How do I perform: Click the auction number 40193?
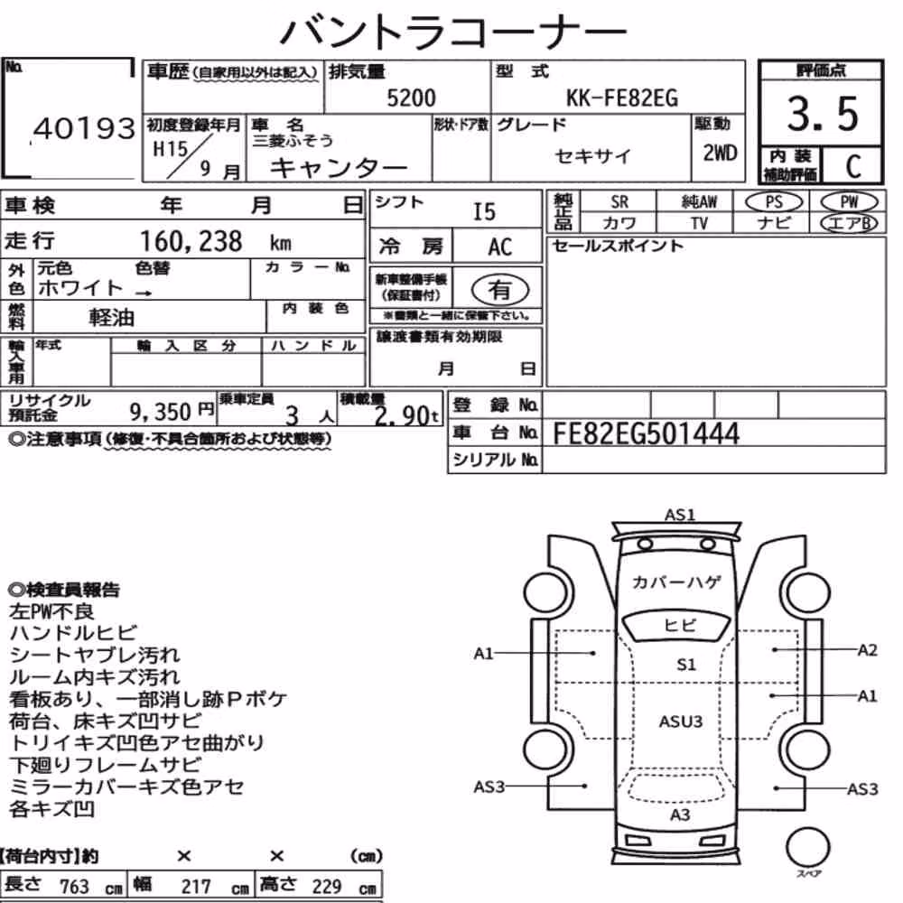pyautogui.click(x=85, y=128)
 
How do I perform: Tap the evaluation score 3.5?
pyautogui.click(x=823, y=114)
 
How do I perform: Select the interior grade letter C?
pyautogui.click(x=853, y=166)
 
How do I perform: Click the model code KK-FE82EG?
pyautogui.click(x=622, y=98)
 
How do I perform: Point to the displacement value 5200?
pyautogui.click(x=411, y=98)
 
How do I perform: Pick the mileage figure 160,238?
pyautogui.click(x=191, y=241)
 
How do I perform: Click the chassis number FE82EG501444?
pyautogui.click(x=646, y=433)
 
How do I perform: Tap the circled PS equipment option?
pyautogui.click(x=774, y=202)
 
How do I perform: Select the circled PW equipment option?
pyautogui.click(x=850, y=202)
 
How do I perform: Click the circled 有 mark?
pyautogui.click(x=500, y=290)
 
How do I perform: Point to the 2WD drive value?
pyautogui.click(x=720, y=154)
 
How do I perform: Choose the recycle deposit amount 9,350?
pyautogui.click(x=160, y=412)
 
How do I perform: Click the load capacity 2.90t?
pyautogui.click(x=406, y=415)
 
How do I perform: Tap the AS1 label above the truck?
pyautogui.click(x=680, y=515)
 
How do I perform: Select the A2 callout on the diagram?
pyautogui.click(x=867, y=650)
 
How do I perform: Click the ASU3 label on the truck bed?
pyautogui.click(x=681, y=721)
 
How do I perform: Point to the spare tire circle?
pyautogui.click(x=807, y=847)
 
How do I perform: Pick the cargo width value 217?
pyautogui.click(x=196, y=887)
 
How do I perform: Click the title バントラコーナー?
pyautogui.click(x=453, y=32)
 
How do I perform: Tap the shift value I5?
pyautogui.click(x=484, y=212)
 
